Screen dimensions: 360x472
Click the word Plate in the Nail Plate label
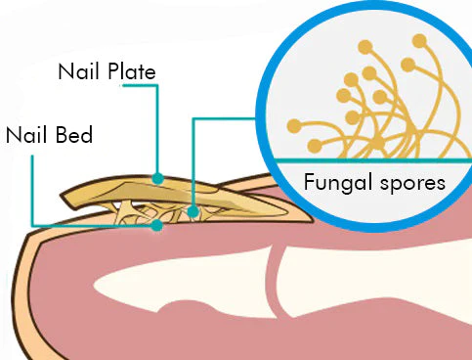pos(132,71)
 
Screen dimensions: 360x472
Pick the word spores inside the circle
pos(411,183)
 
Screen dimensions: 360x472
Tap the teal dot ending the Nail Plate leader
pos(157,178)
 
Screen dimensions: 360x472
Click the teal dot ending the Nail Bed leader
pos(157,225)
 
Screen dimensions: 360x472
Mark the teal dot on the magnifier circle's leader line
pos(193,210)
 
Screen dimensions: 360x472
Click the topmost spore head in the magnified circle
pos(420,41)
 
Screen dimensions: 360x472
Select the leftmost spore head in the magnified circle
pos(293,125)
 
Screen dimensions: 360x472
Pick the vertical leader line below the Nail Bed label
pos(32,186)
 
